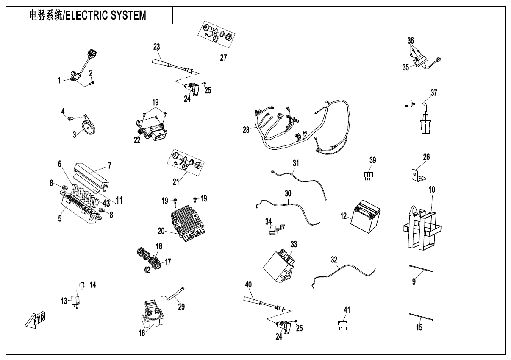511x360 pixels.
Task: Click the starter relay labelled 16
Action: pyautogui.click(x=152, y=315)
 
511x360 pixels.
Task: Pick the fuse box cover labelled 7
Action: pyautogui.click(x=91, y=173)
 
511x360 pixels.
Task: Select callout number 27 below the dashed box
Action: pyautogui.click(x=223, y=58)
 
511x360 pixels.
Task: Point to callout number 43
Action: pyautogui.click(x=106, y=203)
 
